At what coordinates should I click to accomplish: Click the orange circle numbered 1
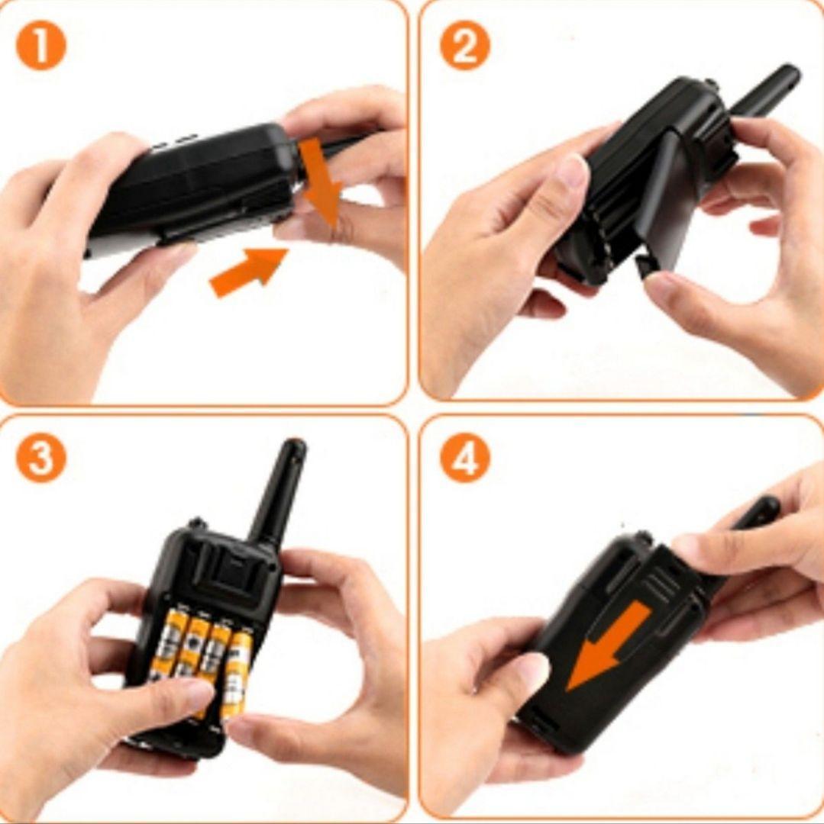tap(41, 48)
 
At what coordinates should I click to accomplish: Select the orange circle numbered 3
tap(41, 457)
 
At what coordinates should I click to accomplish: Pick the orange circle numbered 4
tap(465, 457)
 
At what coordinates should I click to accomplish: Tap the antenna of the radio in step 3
tap(279, 491)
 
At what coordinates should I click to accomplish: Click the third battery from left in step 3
tap(215, 652)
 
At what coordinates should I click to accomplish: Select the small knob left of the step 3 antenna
tap(197, 523)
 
